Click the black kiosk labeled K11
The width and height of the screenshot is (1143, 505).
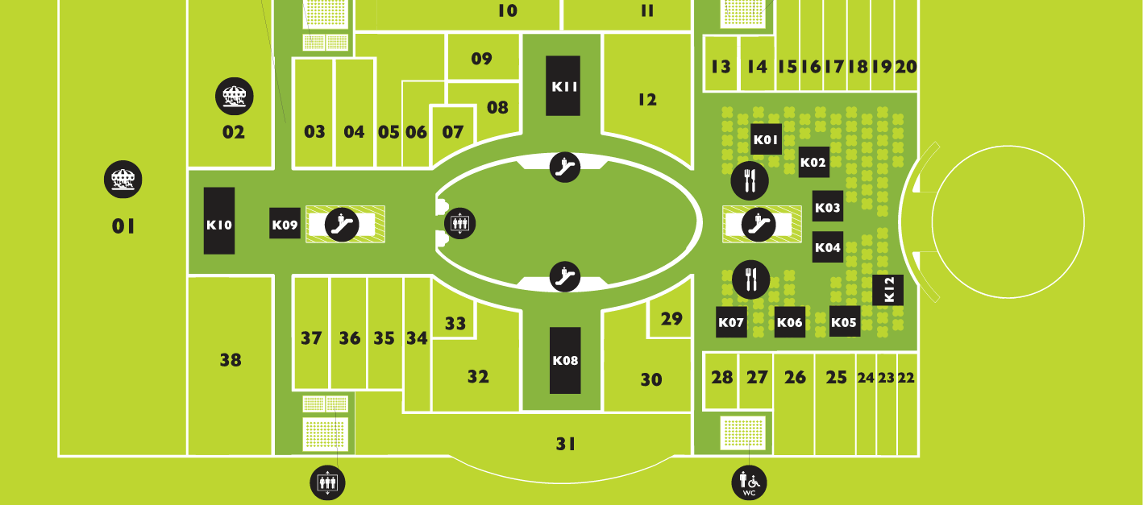tap(563, 85)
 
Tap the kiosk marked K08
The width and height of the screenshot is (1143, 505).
tap(565, 360)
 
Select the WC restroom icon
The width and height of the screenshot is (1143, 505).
tap(749, 482)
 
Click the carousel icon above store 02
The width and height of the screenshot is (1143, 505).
tap(234, 97)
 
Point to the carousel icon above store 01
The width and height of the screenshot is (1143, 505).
tap(123, 179)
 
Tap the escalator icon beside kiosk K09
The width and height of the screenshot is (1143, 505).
tap(342, 224)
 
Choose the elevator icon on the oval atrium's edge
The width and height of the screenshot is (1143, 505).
tap(460, 223)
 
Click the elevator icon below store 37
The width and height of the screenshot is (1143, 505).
tap(328, 482)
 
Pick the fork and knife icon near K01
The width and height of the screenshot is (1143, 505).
tap(750, 180)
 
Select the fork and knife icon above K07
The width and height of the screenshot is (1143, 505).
tap(750, 279)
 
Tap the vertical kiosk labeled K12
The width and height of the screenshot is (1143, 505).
tap(888, 290)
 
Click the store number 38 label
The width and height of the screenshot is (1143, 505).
tap(231, 360)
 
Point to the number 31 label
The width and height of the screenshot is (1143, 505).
tap(566, 443)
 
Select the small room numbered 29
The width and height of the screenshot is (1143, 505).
tap(671, 318)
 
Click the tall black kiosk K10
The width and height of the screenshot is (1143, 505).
tap(219, 221)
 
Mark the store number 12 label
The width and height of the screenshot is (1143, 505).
tap(646, 100)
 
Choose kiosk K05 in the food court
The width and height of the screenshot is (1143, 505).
tap(843, 322)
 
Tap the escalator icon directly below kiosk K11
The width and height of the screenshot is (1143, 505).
tap(565, 167)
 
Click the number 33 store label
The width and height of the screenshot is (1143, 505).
tap(455, 323)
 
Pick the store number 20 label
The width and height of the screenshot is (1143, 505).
tap(906, 67)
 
